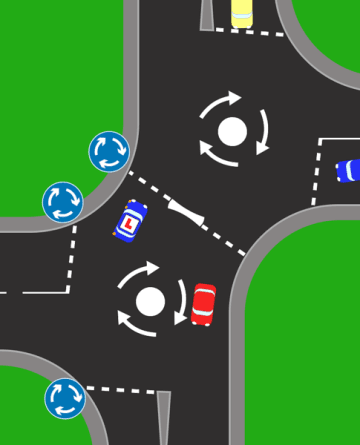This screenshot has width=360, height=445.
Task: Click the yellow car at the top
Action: click(x=242, y=12)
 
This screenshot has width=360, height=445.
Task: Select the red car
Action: click(x=203, y=303)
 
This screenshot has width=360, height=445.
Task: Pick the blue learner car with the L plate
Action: click(x=131, y=221)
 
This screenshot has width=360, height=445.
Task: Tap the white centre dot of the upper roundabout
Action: click(x=232, y=131)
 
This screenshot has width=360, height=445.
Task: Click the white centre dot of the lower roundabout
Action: click(x=150, y=300)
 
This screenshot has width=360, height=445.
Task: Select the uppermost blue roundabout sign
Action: click(x=109, y=152)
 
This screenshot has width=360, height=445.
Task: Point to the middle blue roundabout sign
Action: click(x=62, y=202)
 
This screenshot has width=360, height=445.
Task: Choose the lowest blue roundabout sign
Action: click(x=65, y=398)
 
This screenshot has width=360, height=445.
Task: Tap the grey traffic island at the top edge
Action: click(x=207, y=14)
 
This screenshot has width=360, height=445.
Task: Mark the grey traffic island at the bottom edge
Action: click(x=164, y=420)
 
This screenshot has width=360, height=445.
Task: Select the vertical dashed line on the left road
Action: click(x=72, y=255)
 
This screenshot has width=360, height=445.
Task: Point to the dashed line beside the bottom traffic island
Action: click(x=120, y=389)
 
